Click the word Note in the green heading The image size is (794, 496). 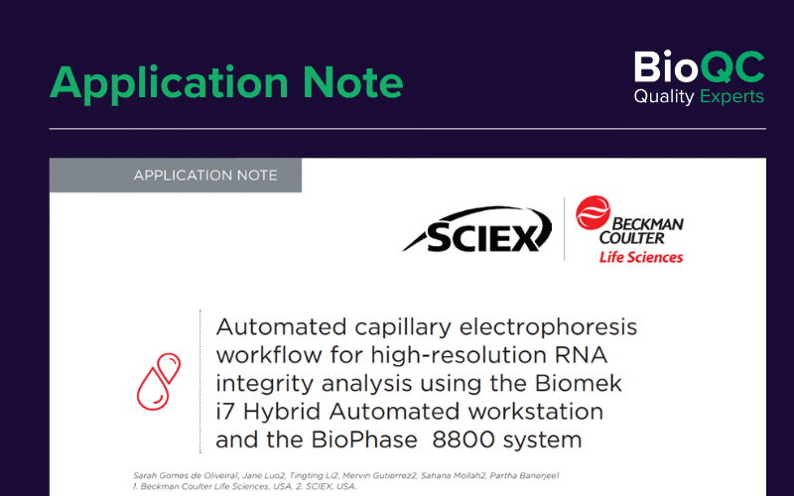click(x=353, y=82)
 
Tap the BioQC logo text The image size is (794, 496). click(x=700, y=66)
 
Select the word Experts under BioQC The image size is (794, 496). click(x=731, y=96)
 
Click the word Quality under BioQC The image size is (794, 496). click(x=664, y=96)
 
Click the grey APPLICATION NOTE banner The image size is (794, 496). click(x=176, y=176)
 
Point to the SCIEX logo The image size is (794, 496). click(x=477, y=229)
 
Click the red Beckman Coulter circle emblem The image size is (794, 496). click(x=593, y=212)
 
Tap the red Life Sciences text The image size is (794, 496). click(x=641, y=257)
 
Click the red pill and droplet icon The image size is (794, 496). click(x=159, y=382)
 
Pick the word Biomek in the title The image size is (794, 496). click(x=579, y=383)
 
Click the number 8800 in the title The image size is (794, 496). click(x=463, y=439)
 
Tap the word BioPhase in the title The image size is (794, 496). click(x=364, y=439)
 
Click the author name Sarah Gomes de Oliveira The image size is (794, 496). click(x=185, y=476)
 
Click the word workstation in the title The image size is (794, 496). click(x=536, y=412)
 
